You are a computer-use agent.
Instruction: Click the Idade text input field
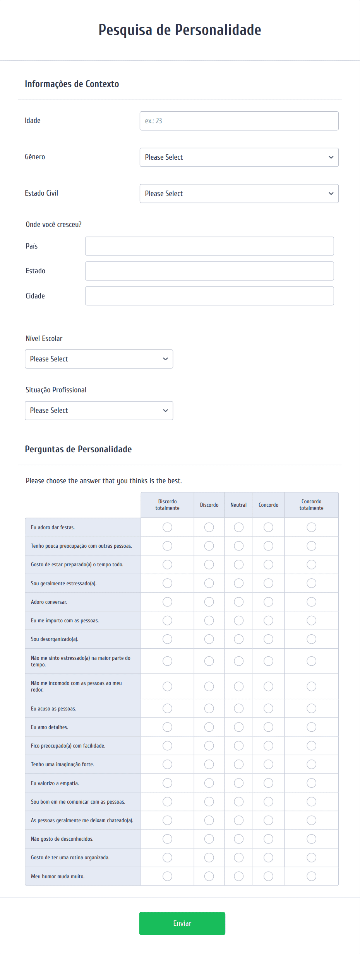pyautogui.click(x=239, y=121)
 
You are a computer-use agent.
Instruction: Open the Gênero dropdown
pyautogui.click(x=239, y=157)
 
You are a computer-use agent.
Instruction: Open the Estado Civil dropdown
pyautogui.click(x=239, y=194)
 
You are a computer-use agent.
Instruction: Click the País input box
pyautogui.click(x=209, y=246)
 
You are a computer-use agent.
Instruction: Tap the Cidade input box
pyautogui.click(x=209, y=296)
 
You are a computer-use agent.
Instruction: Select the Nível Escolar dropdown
pyautogui.click(x=99, y=359)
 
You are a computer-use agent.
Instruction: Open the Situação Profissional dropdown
pyautogui.click(x=99, y=411)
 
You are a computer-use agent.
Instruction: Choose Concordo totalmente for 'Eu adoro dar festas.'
pyautogui.click(x=311, y=527)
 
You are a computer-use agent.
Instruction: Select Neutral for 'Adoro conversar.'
pyautogui.click(x=239, y=602)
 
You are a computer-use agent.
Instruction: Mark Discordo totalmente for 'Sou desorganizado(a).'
pyautogui.click(x=167, y=639)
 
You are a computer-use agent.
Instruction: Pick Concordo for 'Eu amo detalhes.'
pyautogui.click(x=268, y=727)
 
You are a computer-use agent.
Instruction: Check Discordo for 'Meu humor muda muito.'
pyautogui.click(x=209, y=876)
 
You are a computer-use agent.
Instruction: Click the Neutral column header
pyautogui.click(x=238, y=505)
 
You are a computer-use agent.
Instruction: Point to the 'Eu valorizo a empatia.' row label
pyautogui.click(x=55, y=783)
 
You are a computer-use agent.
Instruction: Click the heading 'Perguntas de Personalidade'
pyautogui.click(x=78, y=449)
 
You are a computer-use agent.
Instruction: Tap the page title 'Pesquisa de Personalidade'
pyautogui.click(x=180, y=30)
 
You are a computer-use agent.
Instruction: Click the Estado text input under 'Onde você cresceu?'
pyautogui.click(x=209, y=271)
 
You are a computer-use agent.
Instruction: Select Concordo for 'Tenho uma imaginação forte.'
pyautogui.click(x=268, y=764)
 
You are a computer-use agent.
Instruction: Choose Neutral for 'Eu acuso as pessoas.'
pyautogui.click(x=239, y=709)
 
